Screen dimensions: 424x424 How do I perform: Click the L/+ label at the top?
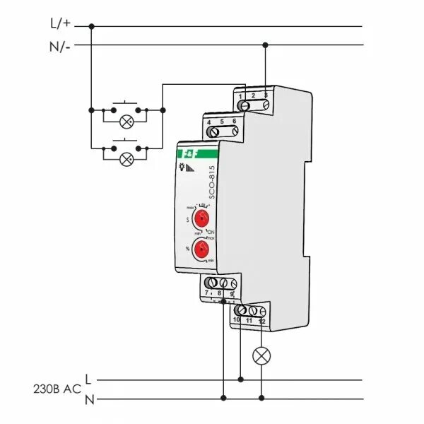tap(61, 23)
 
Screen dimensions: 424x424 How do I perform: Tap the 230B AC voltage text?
tap(57, 389)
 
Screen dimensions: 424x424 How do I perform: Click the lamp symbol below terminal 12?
tap(262, 355)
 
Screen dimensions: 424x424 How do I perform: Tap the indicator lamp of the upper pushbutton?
tap(127, 122)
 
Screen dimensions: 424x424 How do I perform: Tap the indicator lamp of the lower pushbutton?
tap(127, 158)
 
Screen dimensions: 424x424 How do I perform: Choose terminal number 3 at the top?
tap(265, 95)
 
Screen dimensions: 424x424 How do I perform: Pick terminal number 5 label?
tap(222, 122)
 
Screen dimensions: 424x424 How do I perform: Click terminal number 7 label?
tap(207, 292)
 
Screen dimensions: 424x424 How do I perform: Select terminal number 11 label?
tap(249, 321)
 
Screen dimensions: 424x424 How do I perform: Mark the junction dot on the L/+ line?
tap(92, 27)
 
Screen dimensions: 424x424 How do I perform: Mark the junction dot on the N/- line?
tap(265, 45)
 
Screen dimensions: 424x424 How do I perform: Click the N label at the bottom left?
tap(89, 399)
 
